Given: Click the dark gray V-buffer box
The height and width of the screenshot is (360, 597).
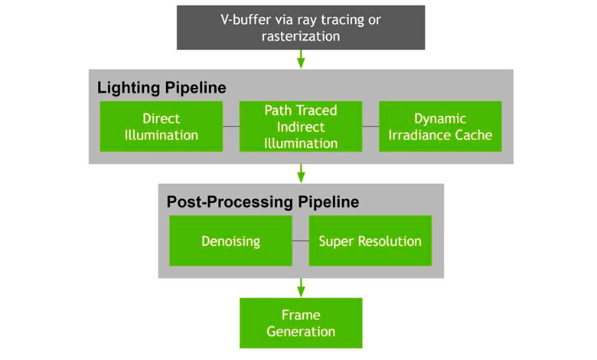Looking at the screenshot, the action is [301, 28].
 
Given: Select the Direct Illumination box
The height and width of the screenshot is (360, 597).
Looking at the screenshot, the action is [161, 126].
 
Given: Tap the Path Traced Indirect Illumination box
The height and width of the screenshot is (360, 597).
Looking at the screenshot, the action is [301, 126].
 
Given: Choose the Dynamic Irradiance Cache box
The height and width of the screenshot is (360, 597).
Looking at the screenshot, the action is [440, 126].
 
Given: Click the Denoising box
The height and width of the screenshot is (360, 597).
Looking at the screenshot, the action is [230, 241].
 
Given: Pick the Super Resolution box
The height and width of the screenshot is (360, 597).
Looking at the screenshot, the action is [370, 241].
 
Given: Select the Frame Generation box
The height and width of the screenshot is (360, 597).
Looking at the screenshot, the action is [301, 323].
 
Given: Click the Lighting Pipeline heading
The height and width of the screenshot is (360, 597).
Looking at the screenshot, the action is [161, 87].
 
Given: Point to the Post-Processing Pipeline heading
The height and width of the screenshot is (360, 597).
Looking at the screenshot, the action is [263, 202].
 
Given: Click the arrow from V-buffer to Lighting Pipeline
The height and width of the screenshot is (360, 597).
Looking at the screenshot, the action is [301, 59].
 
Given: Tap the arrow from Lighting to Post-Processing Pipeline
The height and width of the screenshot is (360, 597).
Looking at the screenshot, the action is [301, 174].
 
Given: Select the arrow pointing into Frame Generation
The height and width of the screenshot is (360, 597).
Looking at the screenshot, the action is [301, 288].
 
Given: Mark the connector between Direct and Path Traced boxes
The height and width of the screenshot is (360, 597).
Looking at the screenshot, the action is [231, 126].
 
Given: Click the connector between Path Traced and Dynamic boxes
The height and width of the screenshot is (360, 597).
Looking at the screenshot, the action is [370, 126].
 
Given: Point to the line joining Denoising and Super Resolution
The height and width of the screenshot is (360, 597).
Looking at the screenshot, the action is [300, 241].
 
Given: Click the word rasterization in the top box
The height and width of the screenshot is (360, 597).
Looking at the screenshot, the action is [301, 36].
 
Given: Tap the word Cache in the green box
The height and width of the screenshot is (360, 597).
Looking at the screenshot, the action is [475, 136].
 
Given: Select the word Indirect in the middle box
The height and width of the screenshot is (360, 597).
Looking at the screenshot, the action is [301, 127].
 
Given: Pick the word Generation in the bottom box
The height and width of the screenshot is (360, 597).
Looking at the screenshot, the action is [301, 332].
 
